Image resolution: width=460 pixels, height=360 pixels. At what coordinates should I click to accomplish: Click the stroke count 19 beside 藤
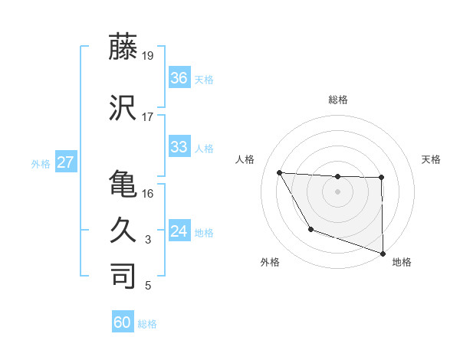(x=147, y=55)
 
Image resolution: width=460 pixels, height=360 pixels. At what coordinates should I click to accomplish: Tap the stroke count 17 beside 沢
(x=147, y=117)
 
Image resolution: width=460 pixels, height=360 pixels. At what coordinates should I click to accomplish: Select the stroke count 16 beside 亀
(x=147, y=193)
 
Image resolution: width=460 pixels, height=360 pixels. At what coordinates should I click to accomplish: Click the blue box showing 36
(x=179, y=77)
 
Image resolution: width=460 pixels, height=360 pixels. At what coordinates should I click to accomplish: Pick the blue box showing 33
(x=179, y=146)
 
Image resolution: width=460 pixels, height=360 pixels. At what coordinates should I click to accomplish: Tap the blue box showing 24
(x=179, y=231)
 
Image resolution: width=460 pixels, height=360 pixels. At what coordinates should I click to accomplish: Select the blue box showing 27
(x=66, y=162)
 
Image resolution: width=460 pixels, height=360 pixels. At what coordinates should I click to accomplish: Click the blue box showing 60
(x=123, y=322)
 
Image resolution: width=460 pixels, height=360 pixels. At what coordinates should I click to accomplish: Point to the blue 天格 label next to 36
(x=204, y=79)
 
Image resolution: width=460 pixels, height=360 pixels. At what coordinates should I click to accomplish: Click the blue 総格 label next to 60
(x=147, y=324)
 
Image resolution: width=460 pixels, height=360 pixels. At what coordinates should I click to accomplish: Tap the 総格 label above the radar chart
(x=337, y=100)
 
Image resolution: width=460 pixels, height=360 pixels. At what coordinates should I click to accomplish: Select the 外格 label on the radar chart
(x=270, y=263)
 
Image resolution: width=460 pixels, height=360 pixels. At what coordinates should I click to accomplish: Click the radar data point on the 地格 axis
(x=382, y=253)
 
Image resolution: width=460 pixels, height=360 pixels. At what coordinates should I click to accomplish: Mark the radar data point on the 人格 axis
(x=280, y=172)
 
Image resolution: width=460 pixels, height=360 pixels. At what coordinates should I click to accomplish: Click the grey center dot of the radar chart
(x=337, y=191)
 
